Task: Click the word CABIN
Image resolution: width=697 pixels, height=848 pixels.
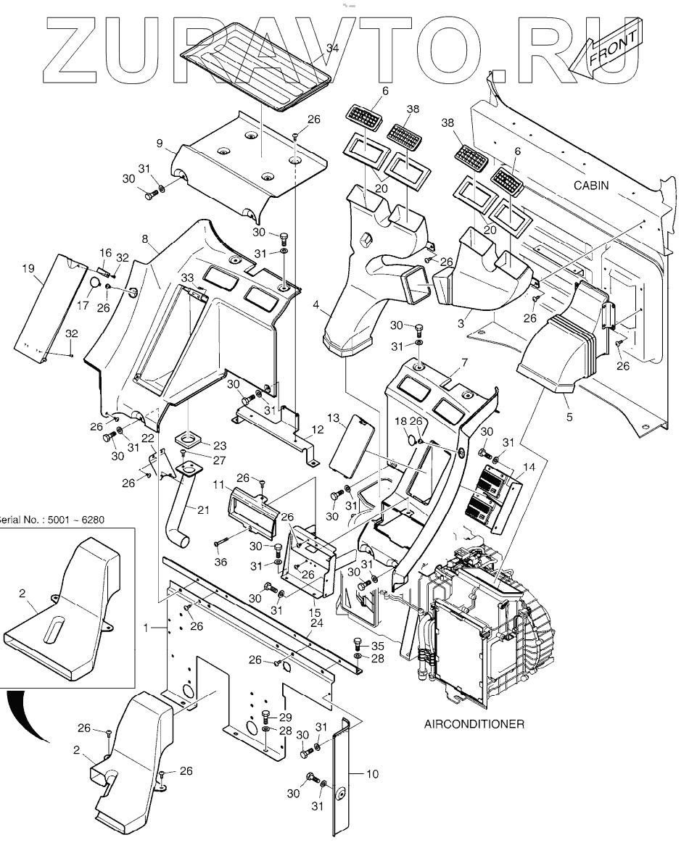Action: [x=591, y=186]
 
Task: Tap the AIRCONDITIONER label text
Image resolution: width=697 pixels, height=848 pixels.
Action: [x=473, y=724]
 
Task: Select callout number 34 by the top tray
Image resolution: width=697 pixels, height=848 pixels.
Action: [x=332, y=49]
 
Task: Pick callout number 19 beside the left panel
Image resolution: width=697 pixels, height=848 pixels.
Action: [x=28, y=269]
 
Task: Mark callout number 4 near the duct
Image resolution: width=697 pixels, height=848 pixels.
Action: [x=316, y=307]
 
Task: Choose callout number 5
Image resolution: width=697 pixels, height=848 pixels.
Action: [x=569, y=417]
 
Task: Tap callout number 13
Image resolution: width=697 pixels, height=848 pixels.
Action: [x=333, y=418]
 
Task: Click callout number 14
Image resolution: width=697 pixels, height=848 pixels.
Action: [x=529, y=467]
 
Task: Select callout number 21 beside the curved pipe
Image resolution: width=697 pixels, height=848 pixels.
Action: [x=203, y=510]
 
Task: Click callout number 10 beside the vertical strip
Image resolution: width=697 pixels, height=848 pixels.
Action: [x=371, y=774]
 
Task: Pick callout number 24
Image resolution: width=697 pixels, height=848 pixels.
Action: [x=316, y=622]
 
